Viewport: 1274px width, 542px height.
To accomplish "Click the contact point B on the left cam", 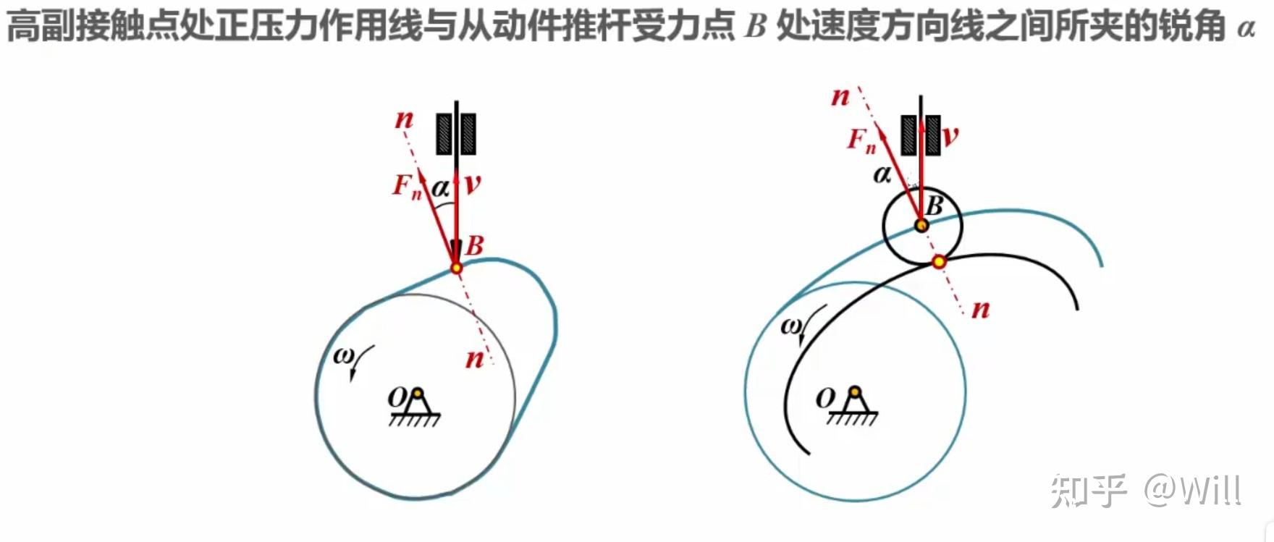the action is (x=456, y=268).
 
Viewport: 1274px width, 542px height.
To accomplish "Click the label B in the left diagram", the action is (x=475, y=246).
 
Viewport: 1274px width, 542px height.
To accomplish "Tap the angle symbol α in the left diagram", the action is (x=440, y=189).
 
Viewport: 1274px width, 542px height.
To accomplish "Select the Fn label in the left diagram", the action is (x=406, y=186).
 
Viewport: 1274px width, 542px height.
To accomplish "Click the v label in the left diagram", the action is (x=473, y=184).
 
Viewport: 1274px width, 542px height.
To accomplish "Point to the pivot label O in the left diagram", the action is (x=397, y=397).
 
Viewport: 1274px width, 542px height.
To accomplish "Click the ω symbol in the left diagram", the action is (x=343, y=355).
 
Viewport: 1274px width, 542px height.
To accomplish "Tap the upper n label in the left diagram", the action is (x=404, y=119).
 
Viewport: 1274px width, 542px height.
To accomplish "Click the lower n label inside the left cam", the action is (x=474, y=357).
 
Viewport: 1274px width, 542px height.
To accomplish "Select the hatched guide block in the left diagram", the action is (x=456, y=134).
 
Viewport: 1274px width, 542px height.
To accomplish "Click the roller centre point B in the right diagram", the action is (x=921, y=225).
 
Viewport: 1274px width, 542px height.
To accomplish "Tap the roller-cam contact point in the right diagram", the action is (x=939, y=261).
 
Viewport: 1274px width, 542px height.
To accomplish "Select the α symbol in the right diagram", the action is (x=882, y=174).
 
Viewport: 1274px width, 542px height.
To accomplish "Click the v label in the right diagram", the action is (x=950, y=135).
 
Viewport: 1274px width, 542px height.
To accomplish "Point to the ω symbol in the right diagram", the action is (x=790, y=326).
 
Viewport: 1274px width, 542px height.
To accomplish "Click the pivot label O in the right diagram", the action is (x=825, y=398).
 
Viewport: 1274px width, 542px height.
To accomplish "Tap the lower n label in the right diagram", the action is (x=980, y=309).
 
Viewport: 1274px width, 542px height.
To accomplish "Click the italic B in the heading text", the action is (x=754, y=27).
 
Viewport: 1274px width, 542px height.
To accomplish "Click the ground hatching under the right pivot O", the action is (x=852, y=418).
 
